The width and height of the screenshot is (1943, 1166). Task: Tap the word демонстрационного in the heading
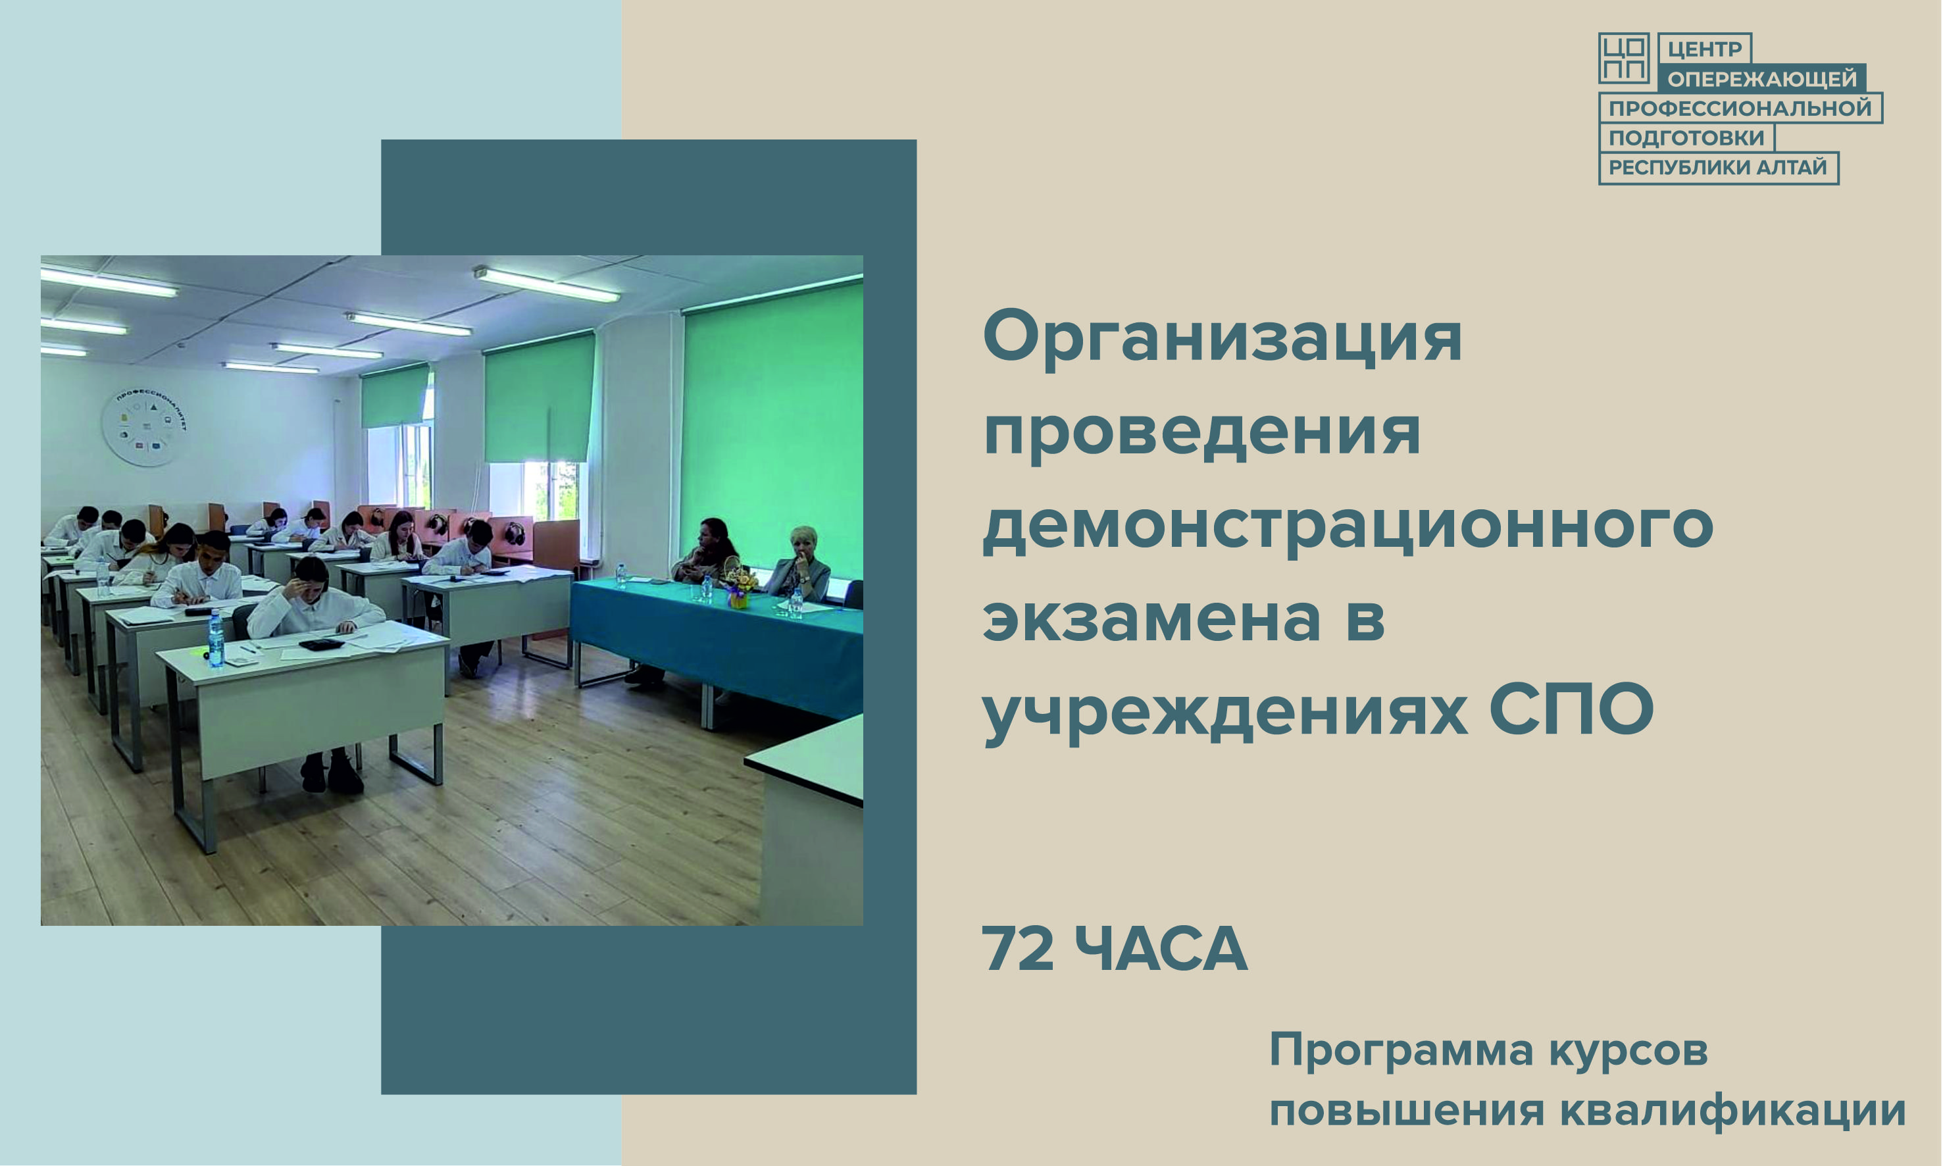(x=1348, y=527)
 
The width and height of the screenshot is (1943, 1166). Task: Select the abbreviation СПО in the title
(x=1571, y=710)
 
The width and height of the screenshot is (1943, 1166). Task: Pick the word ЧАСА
(x=1161, y=949)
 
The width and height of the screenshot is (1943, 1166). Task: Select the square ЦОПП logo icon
(x=1623, y=58)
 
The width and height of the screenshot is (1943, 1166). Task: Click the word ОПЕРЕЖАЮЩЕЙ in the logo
(x=1761, y=78)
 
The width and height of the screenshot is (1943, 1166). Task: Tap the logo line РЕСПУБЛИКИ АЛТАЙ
(x=1717, y=167)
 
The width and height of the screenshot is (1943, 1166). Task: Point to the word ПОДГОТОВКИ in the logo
(x=1686, y=138)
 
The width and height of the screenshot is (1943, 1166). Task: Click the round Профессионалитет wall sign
(x=145, y=428)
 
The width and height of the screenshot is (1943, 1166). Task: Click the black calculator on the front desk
(x=321, y=644)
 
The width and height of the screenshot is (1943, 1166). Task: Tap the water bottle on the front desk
(x=215, y=639)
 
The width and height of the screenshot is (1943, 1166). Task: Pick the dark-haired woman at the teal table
(x=709, y=551)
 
